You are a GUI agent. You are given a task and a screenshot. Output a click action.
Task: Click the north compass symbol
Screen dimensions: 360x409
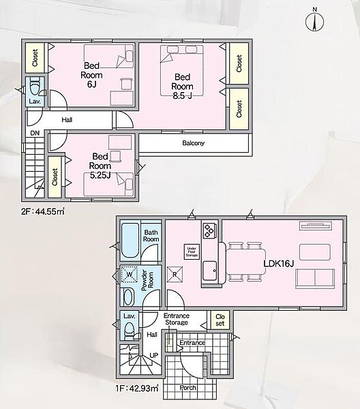[x=314, y=20]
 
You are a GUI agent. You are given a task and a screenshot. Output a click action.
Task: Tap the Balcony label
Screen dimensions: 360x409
[x=194, y=143]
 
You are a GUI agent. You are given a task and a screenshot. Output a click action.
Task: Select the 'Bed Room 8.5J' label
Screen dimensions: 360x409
[x=182, y=87]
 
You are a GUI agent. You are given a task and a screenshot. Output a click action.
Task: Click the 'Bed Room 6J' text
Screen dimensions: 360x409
[x=91, y=75]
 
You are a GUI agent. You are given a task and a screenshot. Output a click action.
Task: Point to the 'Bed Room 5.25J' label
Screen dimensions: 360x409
[x=100, y=166]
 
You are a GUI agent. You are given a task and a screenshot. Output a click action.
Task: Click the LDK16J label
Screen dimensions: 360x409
[x=279, y=263]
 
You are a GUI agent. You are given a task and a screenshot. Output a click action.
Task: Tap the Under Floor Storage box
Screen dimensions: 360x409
[x=192, y=252]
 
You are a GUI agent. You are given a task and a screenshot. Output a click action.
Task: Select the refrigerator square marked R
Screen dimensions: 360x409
[x=175, y=274]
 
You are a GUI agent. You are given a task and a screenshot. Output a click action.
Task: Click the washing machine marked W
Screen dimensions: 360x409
[x=130, y=275]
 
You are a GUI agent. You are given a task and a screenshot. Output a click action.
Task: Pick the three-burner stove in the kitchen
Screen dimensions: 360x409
[x=209, y=230]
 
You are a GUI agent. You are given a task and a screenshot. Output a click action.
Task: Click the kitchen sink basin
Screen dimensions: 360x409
[x=210, y=271]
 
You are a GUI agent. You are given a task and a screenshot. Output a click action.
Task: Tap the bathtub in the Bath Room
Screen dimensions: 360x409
[x=130, y=241]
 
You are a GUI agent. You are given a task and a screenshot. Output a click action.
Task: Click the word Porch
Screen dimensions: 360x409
[x=187, y=388]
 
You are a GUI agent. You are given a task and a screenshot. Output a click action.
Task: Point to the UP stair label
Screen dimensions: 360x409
[x=154, y=356]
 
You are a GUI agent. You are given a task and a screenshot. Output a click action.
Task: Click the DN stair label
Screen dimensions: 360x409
[x=35, y=134]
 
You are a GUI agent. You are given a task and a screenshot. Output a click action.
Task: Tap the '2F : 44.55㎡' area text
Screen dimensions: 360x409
[x=43, y=211]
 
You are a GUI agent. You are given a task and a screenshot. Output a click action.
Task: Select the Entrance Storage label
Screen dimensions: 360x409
[x=177, y=319]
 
